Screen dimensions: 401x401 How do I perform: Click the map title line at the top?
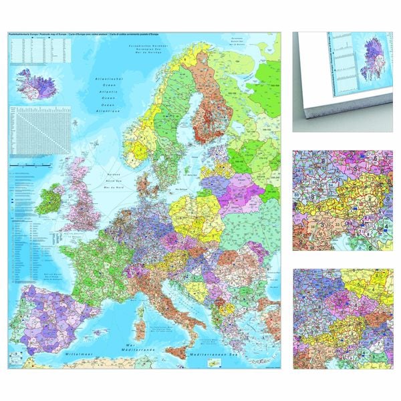80,35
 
